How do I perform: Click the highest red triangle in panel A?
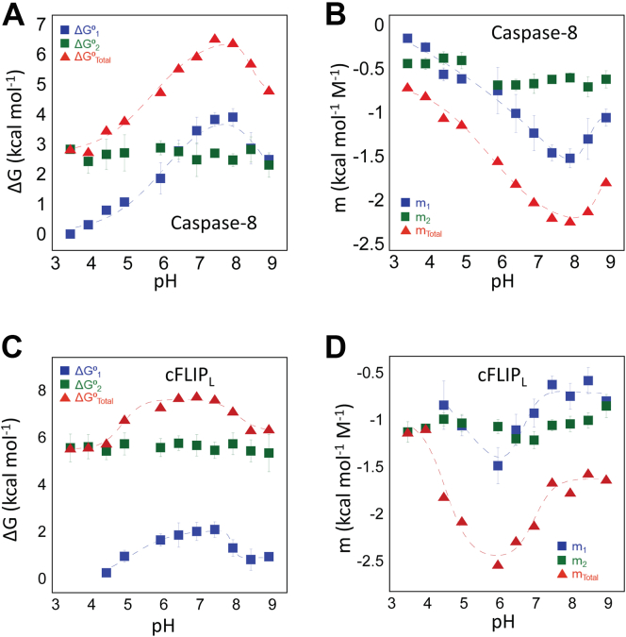[214, 40]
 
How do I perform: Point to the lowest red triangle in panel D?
[497, 564]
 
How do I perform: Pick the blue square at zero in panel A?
[70, 233]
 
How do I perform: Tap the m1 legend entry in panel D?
[574, 545]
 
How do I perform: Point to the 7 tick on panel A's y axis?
[47, 23]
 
